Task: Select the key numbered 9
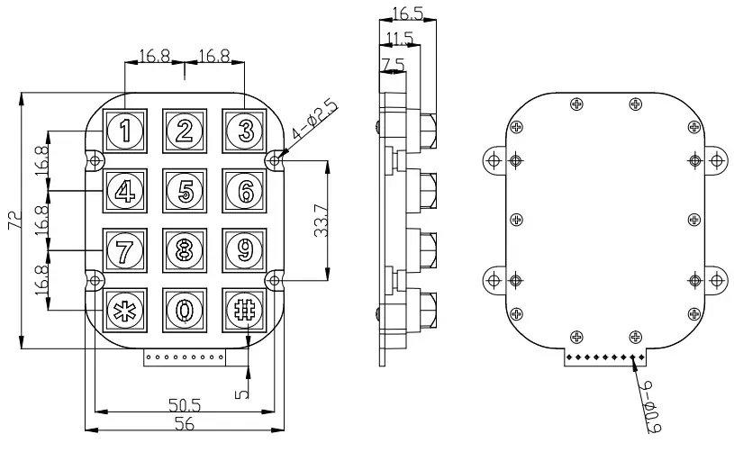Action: click(x=244, y=249)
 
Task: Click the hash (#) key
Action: click(x=244, y=308)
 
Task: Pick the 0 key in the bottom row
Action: click(x=185, y=309)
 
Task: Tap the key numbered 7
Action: click(x=124, y=249)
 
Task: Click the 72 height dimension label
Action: click(x=13, y=221)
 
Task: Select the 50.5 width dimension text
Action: click(x=183, y=405)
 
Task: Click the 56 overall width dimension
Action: click(x=183, y=423)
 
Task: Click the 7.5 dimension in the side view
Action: click(x=393, y=64)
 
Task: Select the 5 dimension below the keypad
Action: click(x=240, y=393)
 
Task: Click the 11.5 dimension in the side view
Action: click(x=400, y=39)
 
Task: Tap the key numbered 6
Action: click(x=244, y=191)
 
